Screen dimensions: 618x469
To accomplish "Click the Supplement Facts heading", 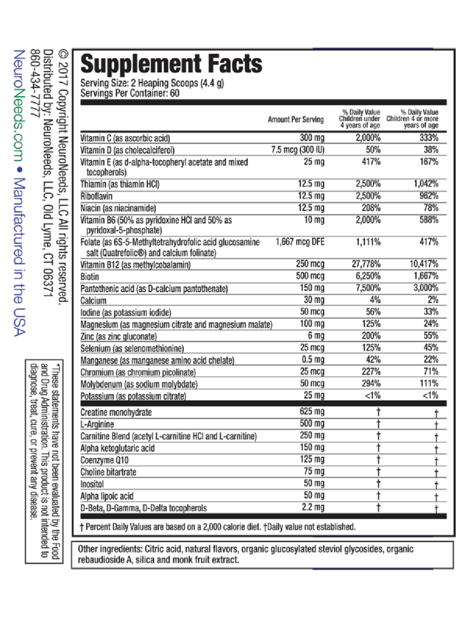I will (x=171, y=64).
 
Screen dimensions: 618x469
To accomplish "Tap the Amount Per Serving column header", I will (x=296, y=120).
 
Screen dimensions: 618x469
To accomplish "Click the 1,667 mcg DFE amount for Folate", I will (x=300, y=242).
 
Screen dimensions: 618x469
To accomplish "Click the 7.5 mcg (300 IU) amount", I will (x=298, y=150).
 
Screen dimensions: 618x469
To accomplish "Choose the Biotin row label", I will (x=91, y=277).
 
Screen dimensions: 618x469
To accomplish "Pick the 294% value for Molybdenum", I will (x=370, y=384).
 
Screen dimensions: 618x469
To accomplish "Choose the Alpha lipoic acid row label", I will (x=107, y=496).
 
